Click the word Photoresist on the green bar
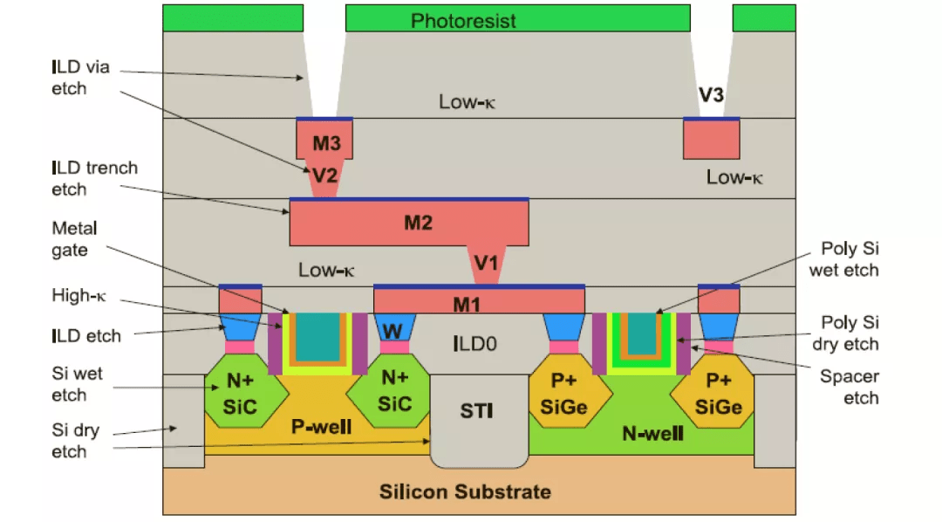click(463, 21)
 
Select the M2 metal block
click(409, 223)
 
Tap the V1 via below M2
click(486, 264)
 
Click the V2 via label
click(325, 175)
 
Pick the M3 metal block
click(324, 140)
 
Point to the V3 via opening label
click(711, 95)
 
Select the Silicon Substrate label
click(465, 492)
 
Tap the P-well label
click(321, 427)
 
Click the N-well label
click(653, 433)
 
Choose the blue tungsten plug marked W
click(395, 327)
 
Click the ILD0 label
click(474, 344)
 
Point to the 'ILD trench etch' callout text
click(94, 179)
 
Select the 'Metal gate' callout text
click(74, 239)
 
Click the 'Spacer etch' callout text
click(850, 388)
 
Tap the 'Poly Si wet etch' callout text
click(844, 259)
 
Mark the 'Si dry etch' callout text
click(75, 441)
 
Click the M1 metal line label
click(467, 305)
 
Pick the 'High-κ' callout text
click(78, 295)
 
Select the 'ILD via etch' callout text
click(80, 78)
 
